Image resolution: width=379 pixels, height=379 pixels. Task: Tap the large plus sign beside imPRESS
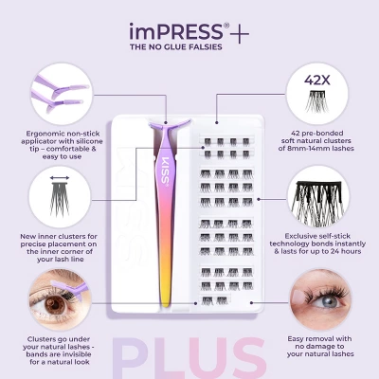(x=240, y=33)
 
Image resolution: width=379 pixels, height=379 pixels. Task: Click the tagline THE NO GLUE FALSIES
(x=176, y=46)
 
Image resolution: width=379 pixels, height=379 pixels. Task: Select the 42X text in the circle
(x=317, y=81)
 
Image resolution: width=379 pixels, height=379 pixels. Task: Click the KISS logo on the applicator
(x=166, y=171)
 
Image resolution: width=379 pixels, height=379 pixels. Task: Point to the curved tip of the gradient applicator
(x=170, y=126)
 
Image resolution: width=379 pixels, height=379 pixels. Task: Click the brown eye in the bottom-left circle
(x=52, y=304)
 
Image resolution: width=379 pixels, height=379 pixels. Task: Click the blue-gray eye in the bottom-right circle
(x=326, y=300)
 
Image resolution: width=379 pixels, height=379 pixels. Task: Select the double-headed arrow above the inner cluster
(x=60, y=178)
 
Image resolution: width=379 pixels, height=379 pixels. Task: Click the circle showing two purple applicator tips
(x=62, y=94)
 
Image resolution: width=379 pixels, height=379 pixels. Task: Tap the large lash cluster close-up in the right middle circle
(x=317, y=200)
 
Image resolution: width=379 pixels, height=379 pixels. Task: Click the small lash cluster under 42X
(x=317, y=101)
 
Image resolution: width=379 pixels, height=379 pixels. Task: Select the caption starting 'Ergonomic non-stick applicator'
(x=62, y=145)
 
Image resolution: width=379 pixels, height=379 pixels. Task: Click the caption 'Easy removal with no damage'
(x=320, y=346)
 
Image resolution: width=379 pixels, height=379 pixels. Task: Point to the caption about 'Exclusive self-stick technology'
(x=317, y=244)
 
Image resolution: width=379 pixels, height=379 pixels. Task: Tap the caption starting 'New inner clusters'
(x=59, y=247)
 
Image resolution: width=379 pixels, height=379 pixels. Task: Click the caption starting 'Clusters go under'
(x=59, y=351)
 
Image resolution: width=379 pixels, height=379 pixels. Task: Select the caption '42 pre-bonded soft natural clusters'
(x=316, y=140)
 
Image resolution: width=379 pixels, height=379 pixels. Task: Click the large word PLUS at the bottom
(x=189, y=358)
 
